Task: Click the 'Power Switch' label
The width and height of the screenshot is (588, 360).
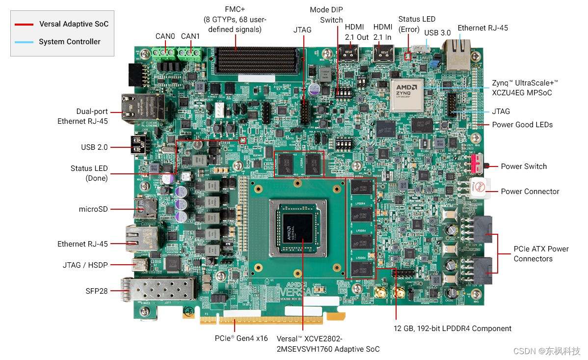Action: (x=523, y=166)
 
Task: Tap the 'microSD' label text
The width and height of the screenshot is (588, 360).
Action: (x=93, y=209)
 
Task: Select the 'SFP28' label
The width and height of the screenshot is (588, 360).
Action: (x=96, y=291)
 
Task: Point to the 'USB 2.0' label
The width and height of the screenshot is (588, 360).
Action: (x=94, y=147)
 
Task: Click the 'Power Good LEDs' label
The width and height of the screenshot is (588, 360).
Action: (x=522, y=125)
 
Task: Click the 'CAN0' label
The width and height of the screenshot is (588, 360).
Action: (x=165, y=36)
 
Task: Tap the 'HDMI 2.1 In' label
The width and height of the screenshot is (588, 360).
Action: (x=383, y=32)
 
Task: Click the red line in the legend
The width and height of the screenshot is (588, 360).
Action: (x=24, y=24)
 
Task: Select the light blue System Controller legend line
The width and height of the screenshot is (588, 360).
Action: (x=24, y=42)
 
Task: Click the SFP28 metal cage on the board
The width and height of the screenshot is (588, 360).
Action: (x=157, y=293)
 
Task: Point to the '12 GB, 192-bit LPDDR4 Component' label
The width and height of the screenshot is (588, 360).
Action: (x=453, y=329)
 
